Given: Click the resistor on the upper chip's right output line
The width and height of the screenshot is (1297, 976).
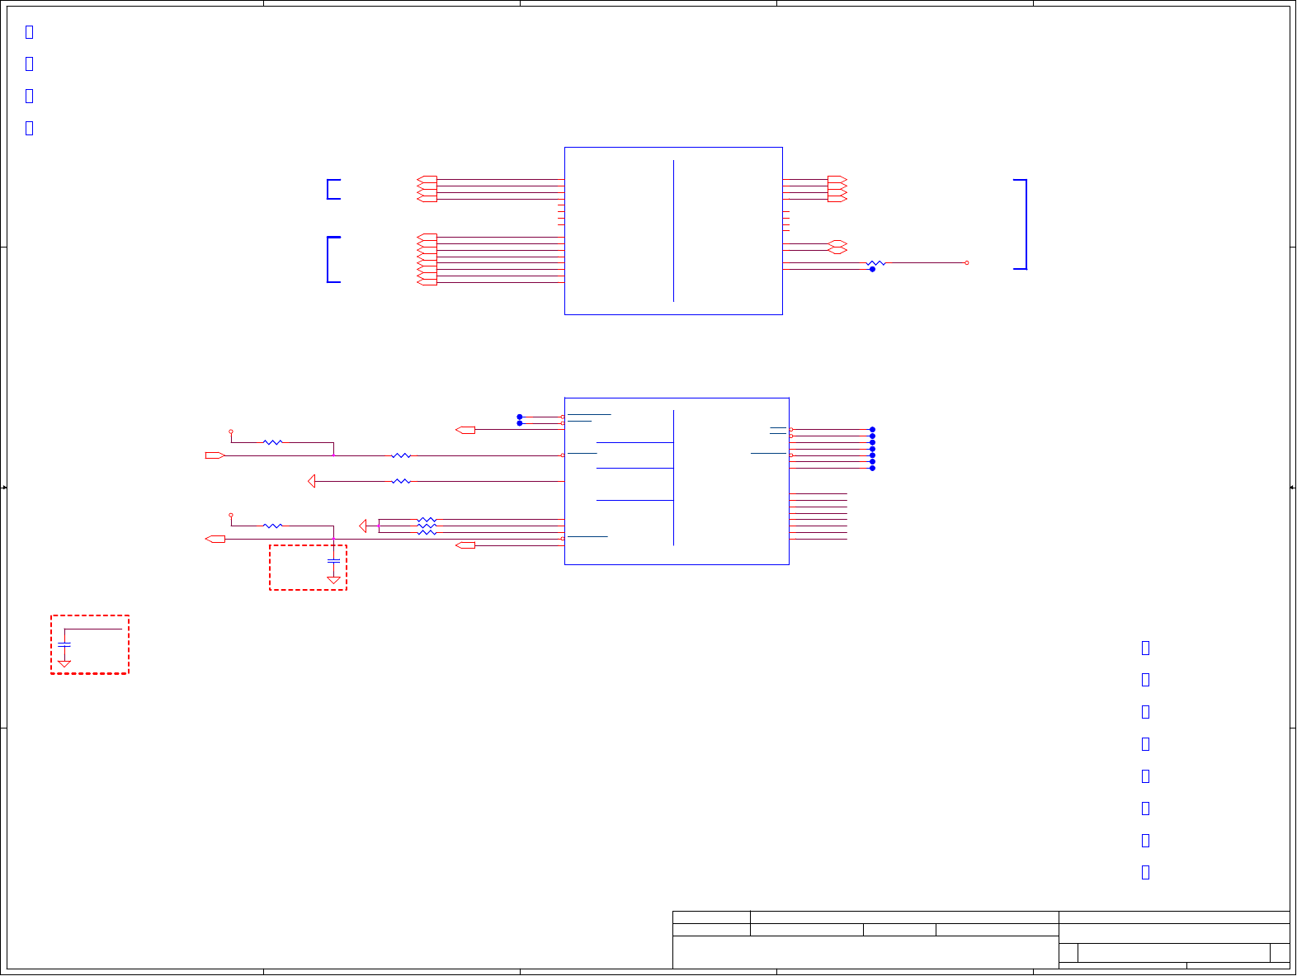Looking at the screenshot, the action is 875,263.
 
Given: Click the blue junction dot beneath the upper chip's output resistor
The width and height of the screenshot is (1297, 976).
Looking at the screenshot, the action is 872,269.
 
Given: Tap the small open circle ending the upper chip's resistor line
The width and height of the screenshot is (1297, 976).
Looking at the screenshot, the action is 966,263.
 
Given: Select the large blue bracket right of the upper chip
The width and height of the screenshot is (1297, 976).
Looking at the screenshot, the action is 1023,224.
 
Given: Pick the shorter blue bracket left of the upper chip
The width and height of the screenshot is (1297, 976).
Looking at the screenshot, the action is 332,189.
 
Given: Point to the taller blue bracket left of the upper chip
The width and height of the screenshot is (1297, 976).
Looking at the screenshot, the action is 332,260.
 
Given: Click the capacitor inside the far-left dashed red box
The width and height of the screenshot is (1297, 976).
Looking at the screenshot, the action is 64,644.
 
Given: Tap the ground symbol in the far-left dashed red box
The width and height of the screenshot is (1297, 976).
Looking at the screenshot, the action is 64,663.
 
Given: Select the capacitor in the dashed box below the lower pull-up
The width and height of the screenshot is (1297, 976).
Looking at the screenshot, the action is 333,561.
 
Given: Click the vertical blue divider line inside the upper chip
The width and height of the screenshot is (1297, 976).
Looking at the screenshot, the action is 673,231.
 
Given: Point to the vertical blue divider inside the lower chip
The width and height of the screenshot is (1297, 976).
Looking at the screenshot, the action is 673,479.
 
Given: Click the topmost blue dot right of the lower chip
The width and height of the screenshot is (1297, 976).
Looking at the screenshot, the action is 872,430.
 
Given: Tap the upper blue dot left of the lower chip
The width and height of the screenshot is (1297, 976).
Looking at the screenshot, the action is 520,417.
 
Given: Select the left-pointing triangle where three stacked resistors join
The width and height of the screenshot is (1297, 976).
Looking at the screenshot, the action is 363,526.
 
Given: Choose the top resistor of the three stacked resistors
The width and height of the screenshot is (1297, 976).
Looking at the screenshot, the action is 426,520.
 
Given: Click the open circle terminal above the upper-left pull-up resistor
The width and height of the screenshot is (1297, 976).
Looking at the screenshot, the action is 231,431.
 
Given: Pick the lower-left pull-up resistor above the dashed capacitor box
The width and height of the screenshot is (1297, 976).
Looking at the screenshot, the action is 272,526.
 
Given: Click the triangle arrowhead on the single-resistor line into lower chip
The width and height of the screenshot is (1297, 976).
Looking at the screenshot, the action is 311,481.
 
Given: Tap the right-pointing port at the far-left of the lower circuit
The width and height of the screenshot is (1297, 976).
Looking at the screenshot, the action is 215,455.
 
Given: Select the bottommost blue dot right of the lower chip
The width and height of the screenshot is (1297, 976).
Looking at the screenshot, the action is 872,468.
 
